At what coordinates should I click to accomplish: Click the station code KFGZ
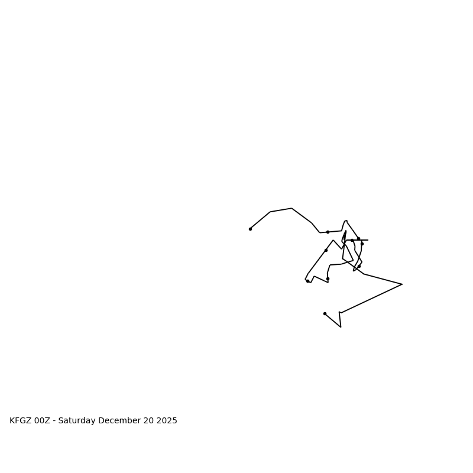click(x=21, y=421)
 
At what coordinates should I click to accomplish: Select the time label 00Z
click(x=42, y=421)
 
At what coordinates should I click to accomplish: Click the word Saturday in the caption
click(x=76, y=421)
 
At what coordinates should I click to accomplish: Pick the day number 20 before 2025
click(x=145, y=421)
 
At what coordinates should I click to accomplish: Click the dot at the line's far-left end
click(x=250, y=229)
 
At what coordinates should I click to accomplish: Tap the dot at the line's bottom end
click(x=325, y=313)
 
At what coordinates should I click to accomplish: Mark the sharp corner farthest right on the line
click(x=402, y=284)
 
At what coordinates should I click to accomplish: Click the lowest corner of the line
click(x=341, y=327)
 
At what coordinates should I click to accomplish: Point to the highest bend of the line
click(x=291, y=208)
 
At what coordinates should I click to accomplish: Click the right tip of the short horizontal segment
click(x=368, y=240)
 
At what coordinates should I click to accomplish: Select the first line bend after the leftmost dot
click(x=270, y=212)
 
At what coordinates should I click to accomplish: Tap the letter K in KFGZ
click(x=12, y=421)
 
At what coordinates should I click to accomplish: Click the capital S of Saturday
click(x=60, y=421)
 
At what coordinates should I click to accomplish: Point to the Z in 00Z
click(x=47, y=421)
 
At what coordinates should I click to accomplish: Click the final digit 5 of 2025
click(x=174, y=421)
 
